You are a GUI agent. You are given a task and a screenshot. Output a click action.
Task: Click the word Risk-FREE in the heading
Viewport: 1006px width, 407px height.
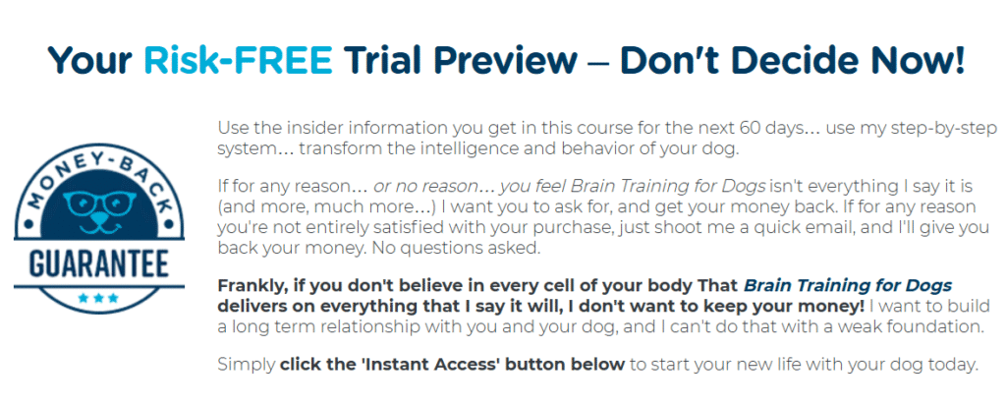238,60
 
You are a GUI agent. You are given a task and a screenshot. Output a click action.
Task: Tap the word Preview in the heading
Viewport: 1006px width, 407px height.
502,60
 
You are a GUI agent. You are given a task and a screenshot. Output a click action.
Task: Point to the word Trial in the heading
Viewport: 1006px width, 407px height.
381,60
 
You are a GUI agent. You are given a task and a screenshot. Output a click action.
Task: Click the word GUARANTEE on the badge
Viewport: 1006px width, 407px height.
99,264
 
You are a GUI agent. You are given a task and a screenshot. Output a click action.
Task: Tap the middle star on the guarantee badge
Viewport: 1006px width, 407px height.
98,298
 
